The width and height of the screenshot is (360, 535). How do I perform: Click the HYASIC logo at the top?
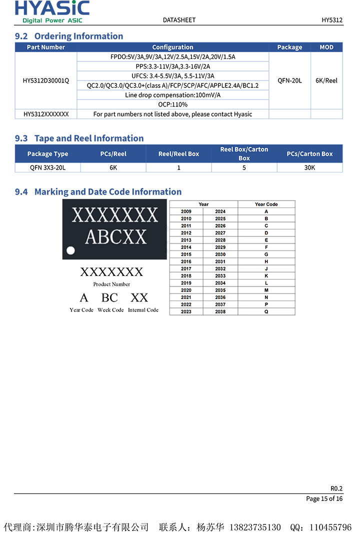[x=52, y=11]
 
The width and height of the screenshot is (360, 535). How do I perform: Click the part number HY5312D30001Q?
[x=46, y=80]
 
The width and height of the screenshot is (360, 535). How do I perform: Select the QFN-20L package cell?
[x=289, y=80]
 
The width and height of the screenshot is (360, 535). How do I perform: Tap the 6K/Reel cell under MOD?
[x=326, y=80]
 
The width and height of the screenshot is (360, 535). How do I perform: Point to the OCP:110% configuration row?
[x=172, y=104]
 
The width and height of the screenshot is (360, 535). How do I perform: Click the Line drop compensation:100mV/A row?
[x=172, y=95]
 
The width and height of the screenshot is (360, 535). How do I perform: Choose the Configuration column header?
[x=172, y=47]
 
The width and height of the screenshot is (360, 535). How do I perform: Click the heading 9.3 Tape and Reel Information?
[x=79, y=138]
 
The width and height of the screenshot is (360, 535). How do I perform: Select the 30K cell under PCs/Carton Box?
[x=309, y=167]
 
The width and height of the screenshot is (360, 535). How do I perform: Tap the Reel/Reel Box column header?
[x=178, y=154]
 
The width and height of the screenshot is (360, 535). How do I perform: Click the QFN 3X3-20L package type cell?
[x=47, y=167]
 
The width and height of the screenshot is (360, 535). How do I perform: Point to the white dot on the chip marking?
[x=71, y=250]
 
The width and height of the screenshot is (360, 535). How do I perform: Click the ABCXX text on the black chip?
[x=115, y=236]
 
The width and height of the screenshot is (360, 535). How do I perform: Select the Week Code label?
[x=110, y=310]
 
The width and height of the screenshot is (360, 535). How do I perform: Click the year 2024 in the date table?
[x=220, y=211]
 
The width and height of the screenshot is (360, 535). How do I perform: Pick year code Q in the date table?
[x=266, y=311]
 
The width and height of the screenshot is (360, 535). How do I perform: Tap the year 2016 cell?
[x=186, y=261]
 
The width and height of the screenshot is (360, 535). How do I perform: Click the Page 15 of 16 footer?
[x=324, y=498]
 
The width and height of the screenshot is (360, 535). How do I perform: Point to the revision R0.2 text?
[x=336, y=488]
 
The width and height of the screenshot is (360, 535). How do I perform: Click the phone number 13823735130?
[x=254, y=527]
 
